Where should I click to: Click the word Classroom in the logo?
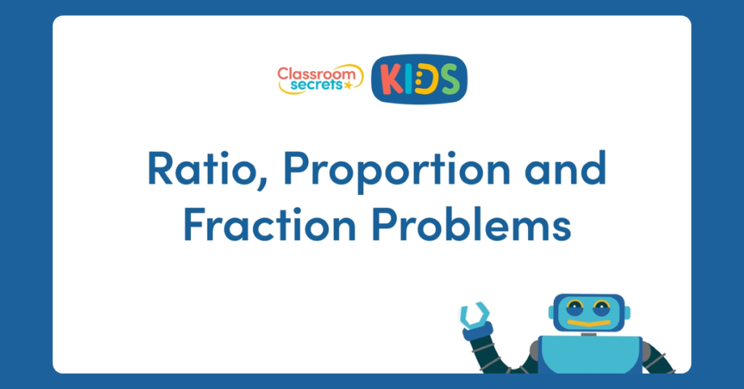click(319, 73)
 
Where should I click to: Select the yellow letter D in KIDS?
click(429, 79)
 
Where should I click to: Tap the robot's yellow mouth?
click(588, 322)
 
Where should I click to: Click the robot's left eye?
click(574, 306)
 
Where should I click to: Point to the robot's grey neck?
click(589, 334)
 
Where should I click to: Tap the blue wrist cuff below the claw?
click(478, 332)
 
